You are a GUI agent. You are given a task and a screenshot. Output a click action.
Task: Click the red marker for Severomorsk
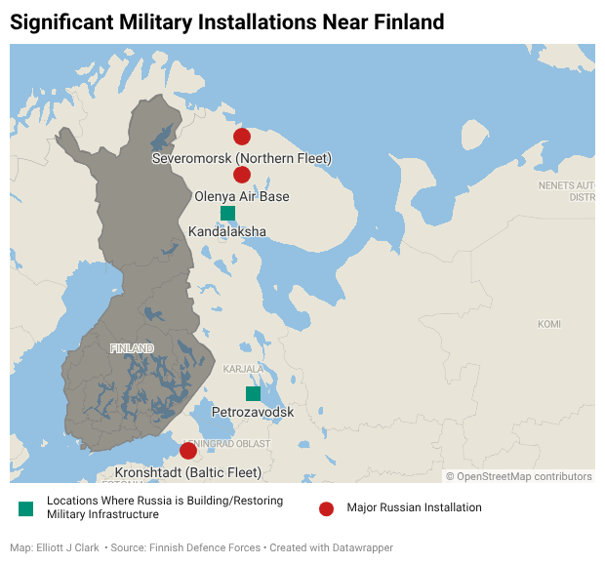[x=242, y=137]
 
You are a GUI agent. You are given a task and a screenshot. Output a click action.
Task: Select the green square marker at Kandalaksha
[x=227, y=213]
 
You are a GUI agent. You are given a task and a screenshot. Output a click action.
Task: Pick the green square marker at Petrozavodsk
[x=253, y=393]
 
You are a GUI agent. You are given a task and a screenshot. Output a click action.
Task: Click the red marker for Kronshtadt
[x=188, y=451]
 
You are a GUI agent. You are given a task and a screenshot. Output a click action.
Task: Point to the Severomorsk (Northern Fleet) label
[x=242, y=158]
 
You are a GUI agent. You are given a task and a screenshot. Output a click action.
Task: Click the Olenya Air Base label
[x=242, y=196]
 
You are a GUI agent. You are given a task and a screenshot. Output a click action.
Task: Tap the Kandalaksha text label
[x=227, y=232]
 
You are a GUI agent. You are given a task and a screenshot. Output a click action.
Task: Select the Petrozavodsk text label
[x=253, y=413]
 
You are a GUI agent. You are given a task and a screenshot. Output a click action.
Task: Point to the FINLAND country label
[x=132, y=348]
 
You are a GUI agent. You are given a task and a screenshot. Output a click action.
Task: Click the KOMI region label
[x=549, y=324]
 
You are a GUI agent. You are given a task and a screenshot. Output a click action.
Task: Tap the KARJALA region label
[x=241, y=370]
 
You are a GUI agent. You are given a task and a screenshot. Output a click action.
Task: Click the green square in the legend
[x=25, y=508]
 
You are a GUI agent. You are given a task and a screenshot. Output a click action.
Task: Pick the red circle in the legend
[x=327, y=508]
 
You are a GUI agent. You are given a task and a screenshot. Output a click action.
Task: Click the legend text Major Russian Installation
[x=414, y=508]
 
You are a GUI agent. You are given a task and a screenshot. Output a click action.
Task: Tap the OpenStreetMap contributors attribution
[x=524, y=476]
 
